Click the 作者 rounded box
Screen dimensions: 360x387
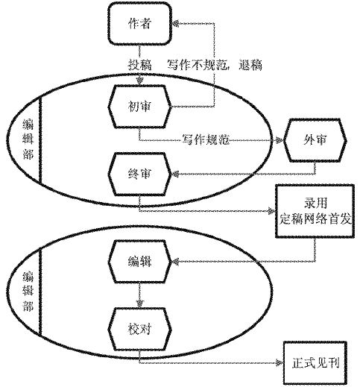(x=139, y=24)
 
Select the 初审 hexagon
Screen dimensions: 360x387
(x=139, y=107)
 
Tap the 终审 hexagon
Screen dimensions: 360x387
(x=139, y=174)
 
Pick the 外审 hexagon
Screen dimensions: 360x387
(x=315, y=140)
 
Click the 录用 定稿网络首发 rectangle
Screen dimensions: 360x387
(x=315, y=211)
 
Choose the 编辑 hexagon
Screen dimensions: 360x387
(x=139, y=262)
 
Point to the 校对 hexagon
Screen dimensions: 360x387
(x=139, y=329)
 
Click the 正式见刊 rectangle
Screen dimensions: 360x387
(x=315, y=363)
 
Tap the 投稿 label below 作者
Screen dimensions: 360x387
(x=139, y=65)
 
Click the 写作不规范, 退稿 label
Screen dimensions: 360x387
(x=215, y=65)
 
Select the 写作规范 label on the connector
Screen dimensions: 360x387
(x=206, y=140)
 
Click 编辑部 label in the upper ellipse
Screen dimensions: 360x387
(x=28, y=139)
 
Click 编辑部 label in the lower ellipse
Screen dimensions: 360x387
(x=28, y=292)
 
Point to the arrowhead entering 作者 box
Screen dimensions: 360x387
(x=175, y=24)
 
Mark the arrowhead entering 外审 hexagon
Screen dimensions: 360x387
(x=280, y=140)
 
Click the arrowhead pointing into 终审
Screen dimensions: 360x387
(x=176, y=174)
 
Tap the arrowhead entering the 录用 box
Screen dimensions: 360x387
(x=271, y=211)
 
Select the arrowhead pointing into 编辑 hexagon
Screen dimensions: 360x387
(x=176, y=262)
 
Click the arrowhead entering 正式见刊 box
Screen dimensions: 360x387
(x=280, y=363)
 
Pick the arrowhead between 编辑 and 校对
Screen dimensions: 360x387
(x=140, y=303)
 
